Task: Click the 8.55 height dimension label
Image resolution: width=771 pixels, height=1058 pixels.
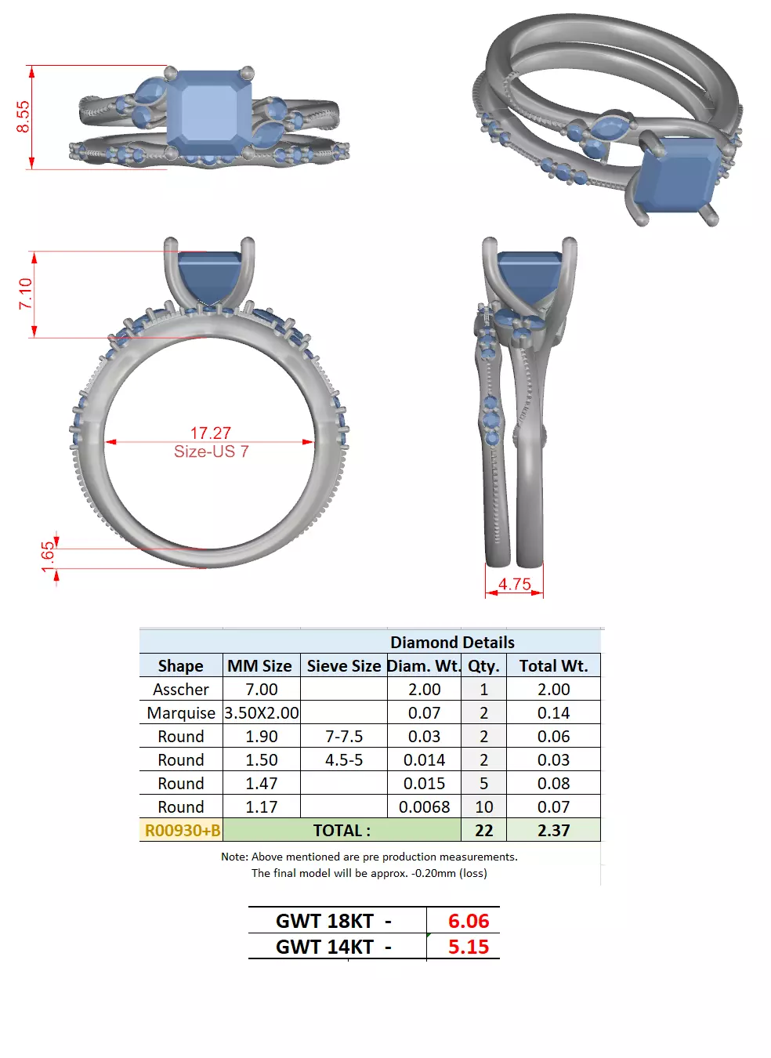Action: click(23, 117)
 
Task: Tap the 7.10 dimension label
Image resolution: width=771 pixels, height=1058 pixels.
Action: click(25, 294)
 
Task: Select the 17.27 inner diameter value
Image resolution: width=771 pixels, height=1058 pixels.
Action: click(210, 433)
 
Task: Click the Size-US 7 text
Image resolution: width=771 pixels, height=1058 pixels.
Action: click(211, 451)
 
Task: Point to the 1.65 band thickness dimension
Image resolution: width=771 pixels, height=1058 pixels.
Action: click(48, 553)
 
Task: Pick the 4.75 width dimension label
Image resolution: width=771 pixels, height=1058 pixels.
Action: click(514, 584)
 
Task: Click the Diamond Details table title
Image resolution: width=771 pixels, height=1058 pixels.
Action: click(452, 642)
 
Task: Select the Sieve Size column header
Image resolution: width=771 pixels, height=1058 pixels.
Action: click(343, 665)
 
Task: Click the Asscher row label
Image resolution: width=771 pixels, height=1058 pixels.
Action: click(181, 689)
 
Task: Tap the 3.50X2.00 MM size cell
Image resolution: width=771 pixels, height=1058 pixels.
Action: click(262, 712)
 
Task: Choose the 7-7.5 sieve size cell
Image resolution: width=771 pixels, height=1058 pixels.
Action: click(343, 736)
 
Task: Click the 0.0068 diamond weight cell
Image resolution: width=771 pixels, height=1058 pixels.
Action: click(424, 806)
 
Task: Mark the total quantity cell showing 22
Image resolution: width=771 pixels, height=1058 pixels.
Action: click(483, 830)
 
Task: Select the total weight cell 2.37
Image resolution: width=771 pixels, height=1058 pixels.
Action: click(553, 830)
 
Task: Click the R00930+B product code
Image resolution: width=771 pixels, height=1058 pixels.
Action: click(182, 830)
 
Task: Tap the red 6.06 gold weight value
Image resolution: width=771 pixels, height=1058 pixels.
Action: click(468, 921)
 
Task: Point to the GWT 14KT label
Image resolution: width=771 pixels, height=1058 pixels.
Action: click(324, 947)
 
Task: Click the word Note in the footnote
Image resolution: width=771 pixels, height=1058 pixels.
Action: click(233, 857)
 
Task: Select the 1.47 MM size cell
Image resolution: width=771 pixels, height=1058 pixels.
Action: click(262, 783)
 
